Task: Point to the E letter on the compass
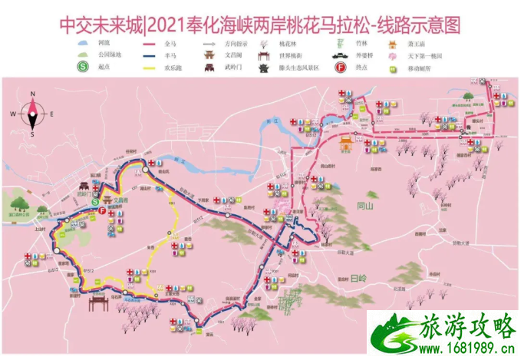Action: click(51, 114)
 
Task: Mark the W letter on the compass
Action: click(14, 114)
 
